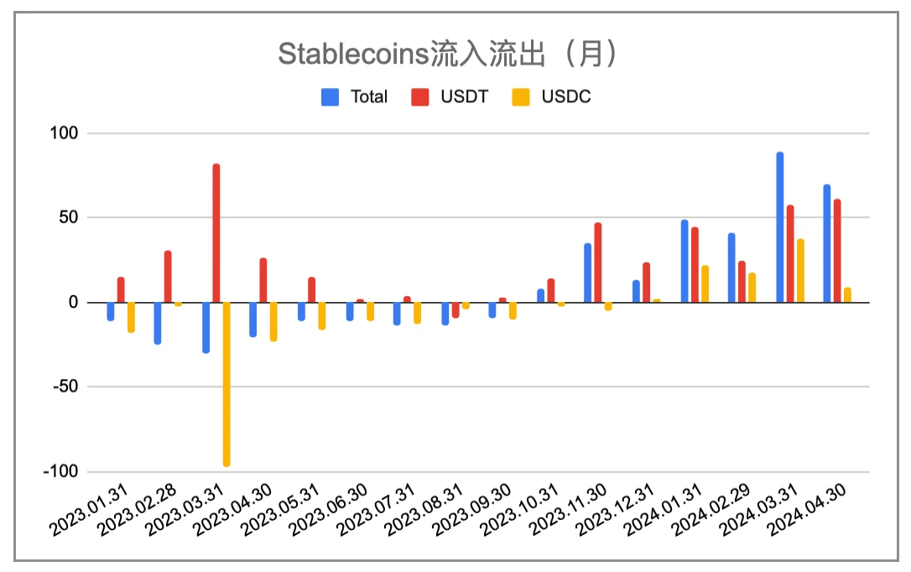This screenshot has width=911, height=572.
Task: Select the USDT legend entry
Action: (464, 96)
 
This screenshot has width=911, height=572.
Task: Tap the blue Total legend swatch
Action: (331, 96)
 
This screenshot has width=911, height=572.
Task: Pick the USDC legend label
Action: (565, 96)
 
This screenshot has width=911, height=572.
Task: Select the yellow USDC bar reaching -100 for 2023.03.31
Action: (226, 383)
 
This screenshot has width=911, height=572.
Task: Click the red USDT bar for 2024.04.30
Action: (837, 251)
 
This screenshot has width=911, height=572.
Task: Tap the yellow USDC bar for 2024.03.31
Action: (800, 270)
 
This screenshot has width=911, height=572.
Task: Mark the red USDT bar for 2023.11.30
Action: (598, 263)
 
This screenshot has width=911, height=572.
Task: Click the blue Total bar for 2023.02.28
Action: (158, 323)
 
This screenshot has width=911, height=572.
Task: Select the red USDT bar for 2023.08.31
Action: (455, 309)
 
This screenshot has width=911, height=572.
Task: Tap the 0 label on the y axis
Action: (73, 302)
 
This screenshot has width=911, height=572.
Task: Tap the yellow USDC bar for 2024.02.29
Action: (752, 288)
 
